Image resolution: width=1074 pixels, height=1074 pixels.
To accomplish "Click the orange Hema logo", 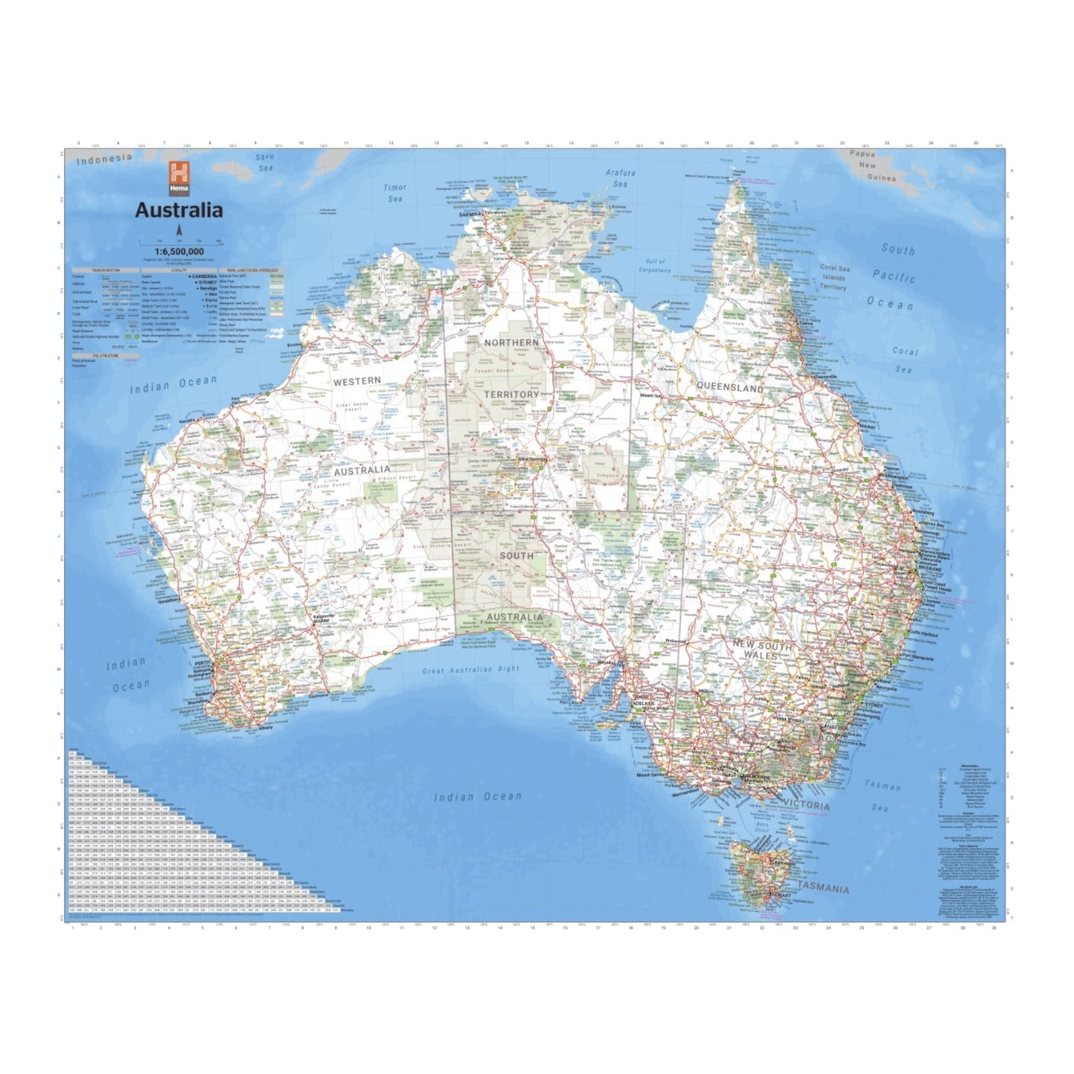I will pyautogui.click(x=179, y=178).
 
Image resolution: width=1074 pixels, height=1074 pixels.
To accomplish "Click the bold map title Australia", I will pyautogui.click(x=179, y=210).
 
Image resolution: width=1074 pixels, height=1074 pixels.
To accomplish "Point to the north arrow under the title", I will pyautogui.click(x=179, y=232).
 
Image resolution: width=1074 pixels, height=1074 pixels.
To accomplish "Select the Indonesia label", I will pyautogui.click(x=104, y=159).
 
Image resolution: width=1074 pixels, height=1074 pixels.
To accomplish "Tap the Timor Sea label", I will pyautogui.click(x=395, y=193).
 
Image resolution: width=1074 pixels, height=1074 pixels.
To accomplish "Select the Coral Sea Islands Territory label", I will pyautogui.click(x=834, y=277).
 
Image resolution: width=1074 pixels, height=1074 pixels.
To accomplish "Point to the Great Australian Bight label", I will pyautogui.click(x=471, y=670).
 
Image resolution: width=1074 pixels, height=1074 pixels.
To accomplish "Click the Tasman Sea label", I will pyautogui.click(x=882, y=795).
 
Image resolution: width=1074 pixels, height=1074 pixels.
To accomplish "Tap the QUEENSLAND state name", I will pyautogui.click(x=730, y=388).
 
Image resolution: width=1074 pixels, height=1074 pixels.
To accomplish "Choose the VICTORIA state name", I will pyautogui.click(x=805, y=806).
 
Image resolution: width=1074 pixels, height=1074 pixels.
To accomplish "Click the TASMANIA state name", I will pyautogui.click(x=823, y=888).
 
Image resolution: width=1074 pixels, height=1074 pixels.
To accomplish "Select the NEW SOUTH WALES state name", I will pyautogui.click(x=761, y=649).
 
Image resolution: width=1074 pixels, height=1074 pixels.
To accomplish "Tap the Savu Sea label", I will pyautogui.click(x=265, y=162).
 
